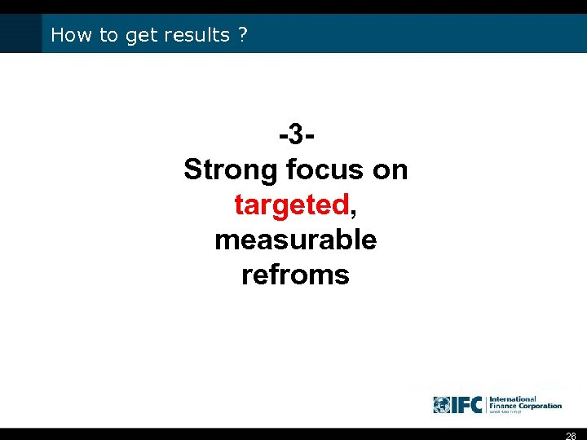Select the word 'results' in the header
coord(197,35)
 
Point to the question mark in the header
coord(244,35)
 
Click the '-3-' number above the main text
coord(295,134)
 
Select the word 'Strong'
coord(232,169)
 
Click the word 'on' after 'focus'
coord(390,169)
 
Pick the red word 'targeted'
coord(291,205)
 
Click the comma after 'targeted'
coord(352,210)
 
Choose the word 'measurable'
coord(295,240)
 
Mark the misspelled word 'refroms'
coord(295,275)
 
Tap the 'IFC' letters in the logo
coord(468,404)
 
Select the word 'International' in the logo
coord(512,399)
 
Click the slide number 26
coord(571,435)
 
